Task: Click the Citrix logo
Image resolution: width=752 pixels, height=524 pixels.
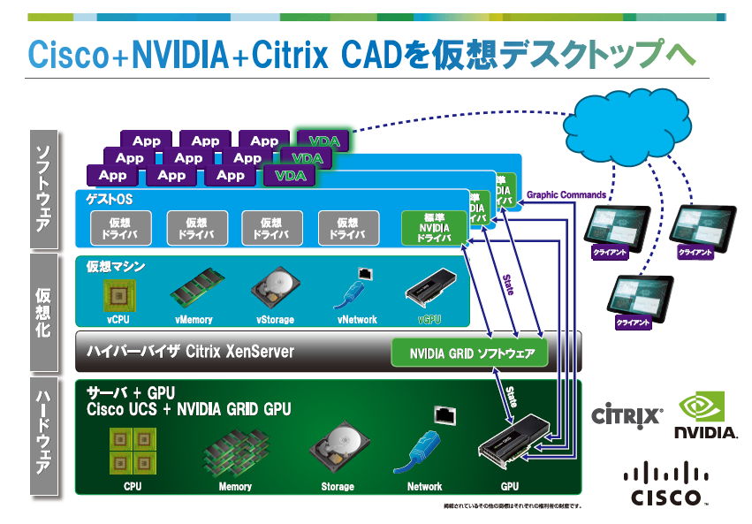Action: click(x=627, y=414)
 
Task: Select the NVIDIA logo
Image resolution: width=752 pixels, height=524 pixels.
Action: click(x=705, y=415)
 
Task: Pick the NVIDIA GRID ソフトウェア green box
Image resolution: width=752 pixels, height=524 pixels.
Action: click(x=469, y=353)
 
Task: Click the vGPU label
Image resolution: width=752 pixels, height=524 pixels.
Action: click(x=429, y=320)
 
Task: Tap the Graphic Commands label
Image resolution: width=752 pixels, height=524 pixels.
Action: click(x=566, y=195)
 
